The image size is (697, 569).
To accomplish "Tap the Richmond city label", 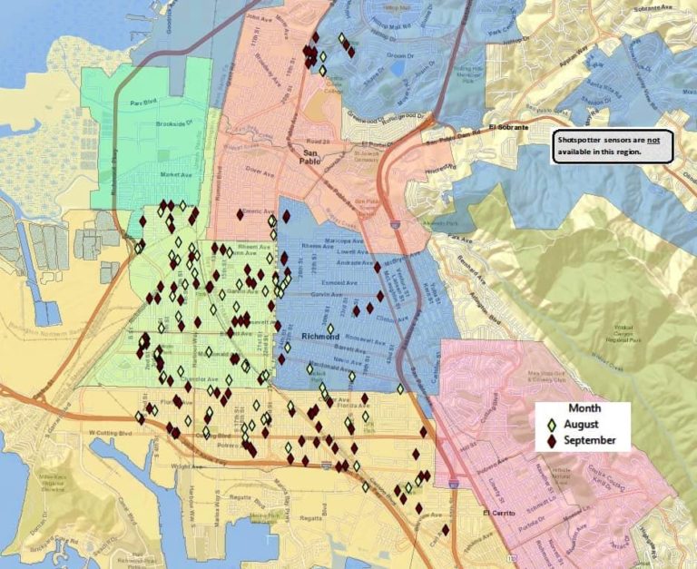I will (x=319, y=338).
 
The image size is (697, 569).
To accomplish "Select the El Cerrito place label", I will (x=497, y=512).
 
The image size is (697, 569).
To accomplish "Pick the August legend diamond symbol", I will (x=552, y=425).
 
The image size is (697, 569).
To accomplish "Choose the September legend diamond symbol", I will (x=552, y=441).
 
